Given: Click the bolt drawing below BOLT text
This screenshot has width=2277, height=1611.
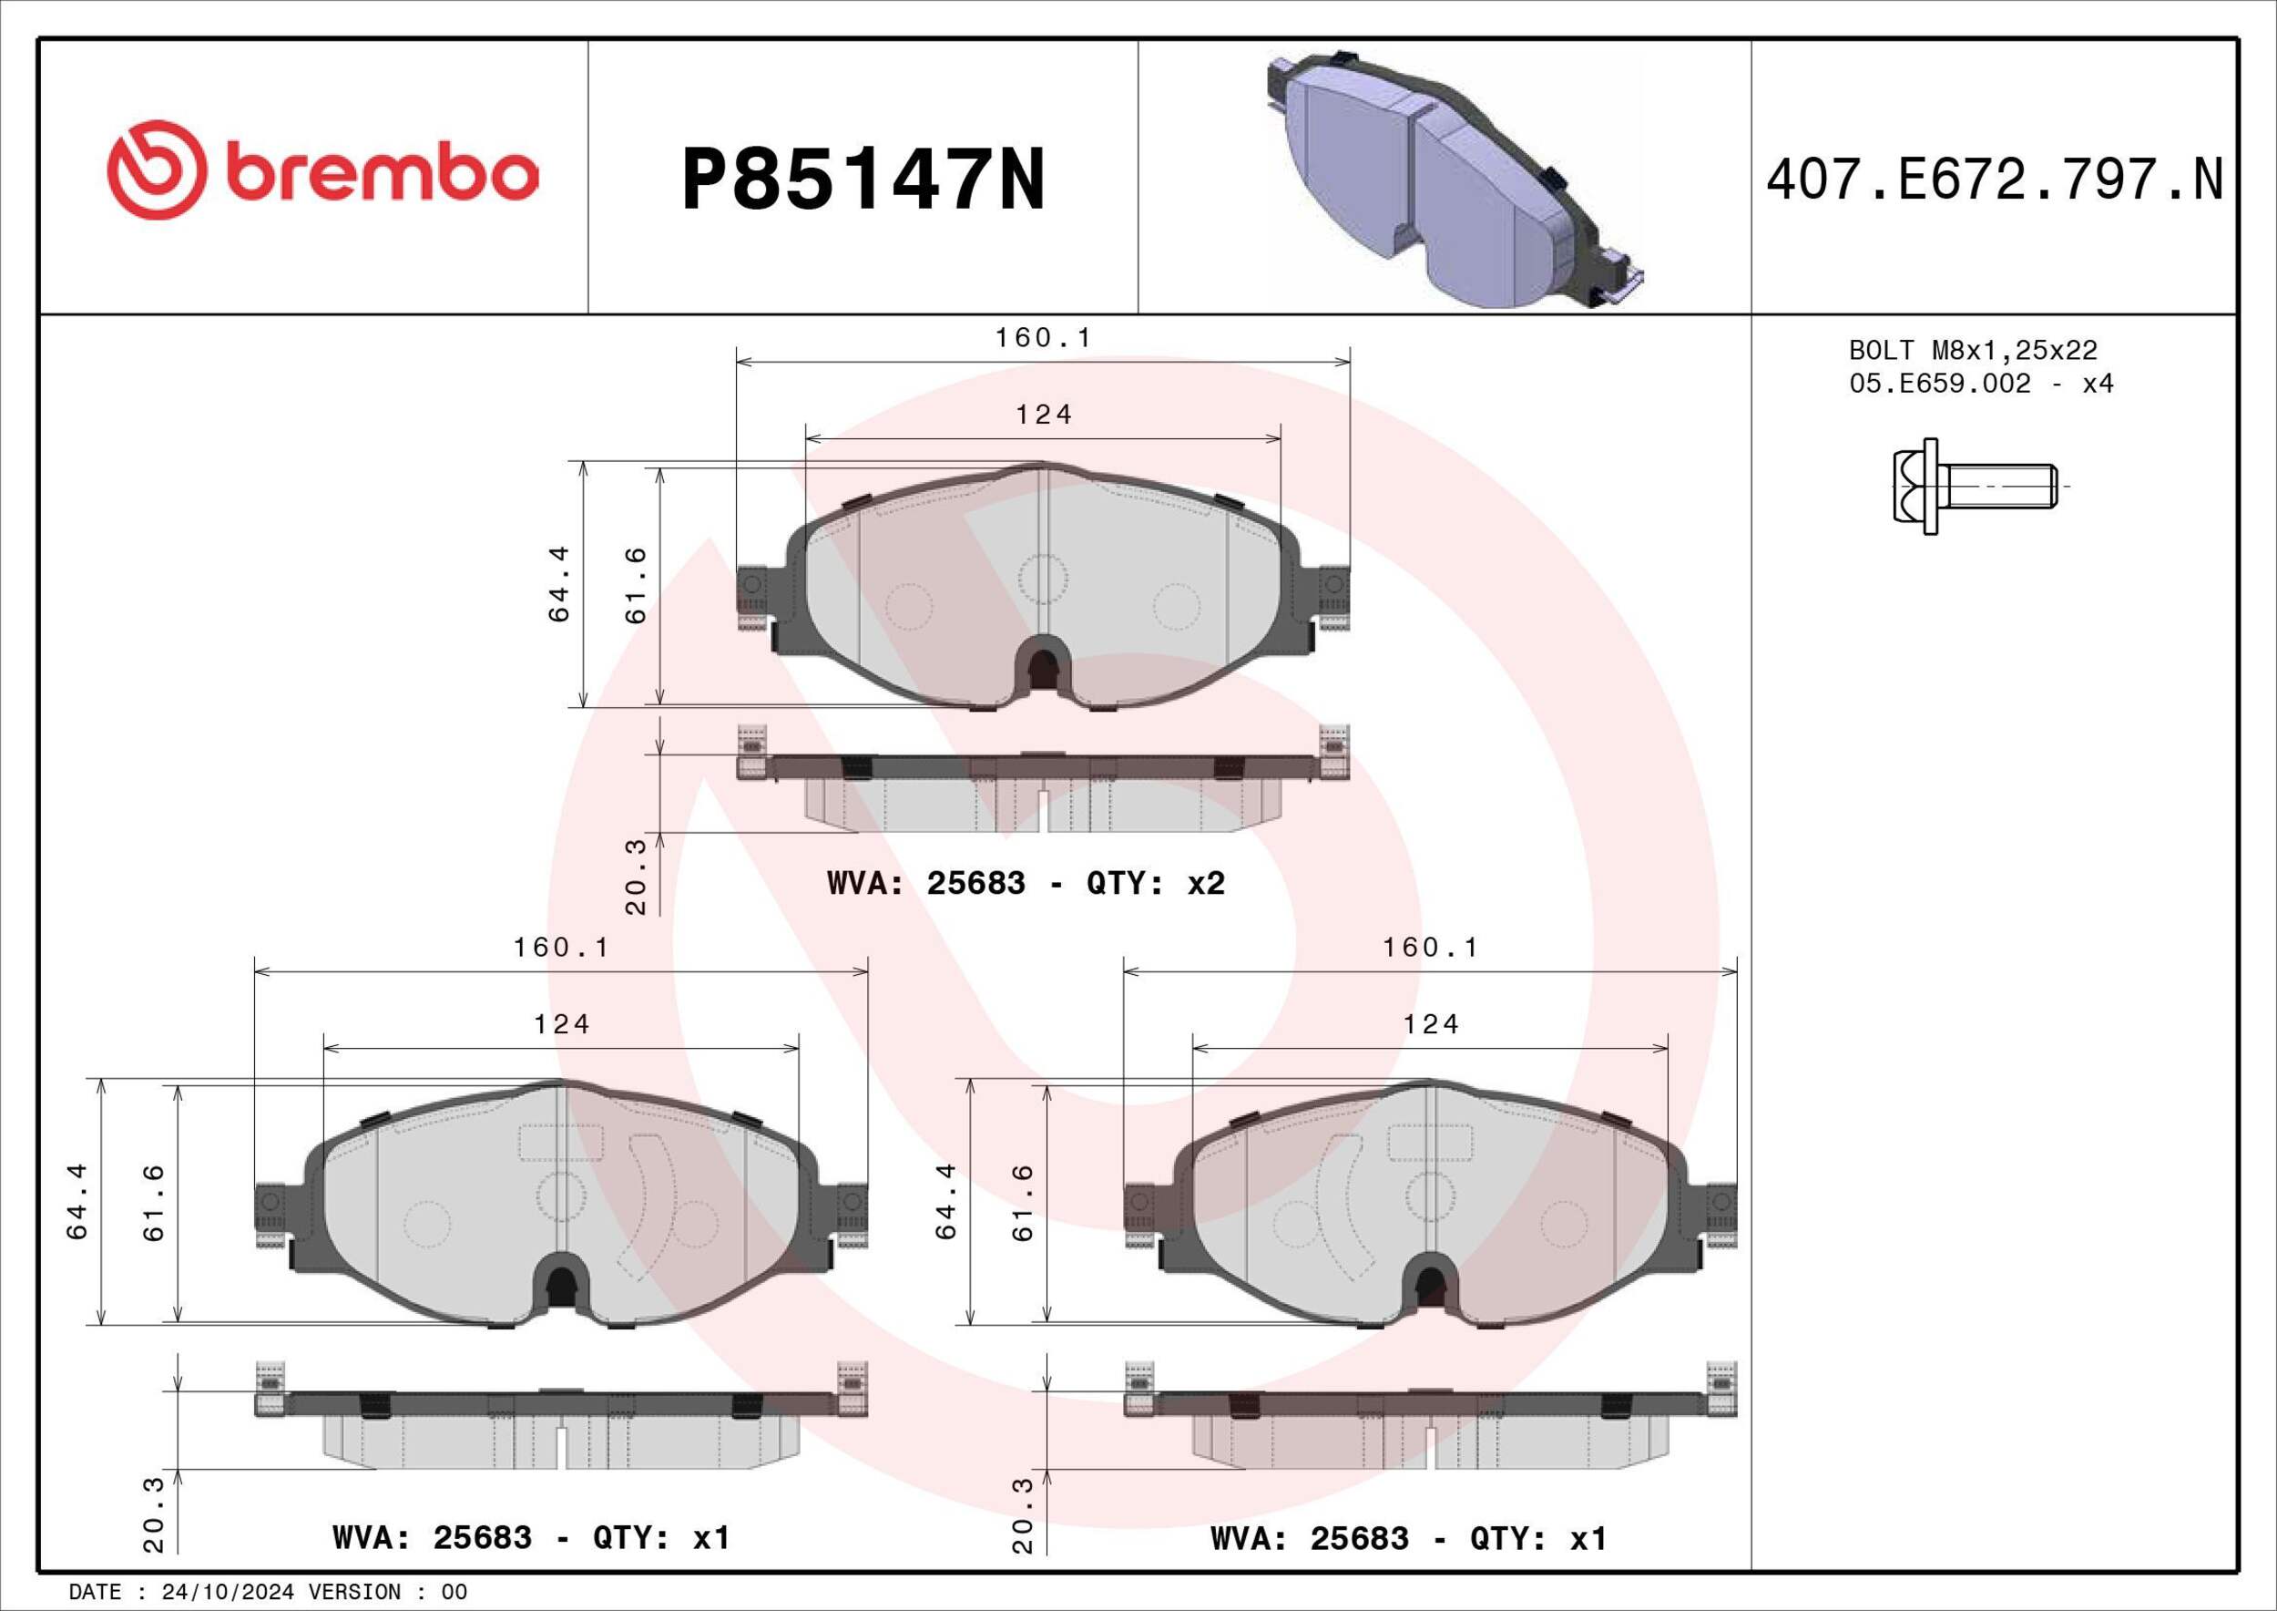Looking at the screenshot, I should (1973, 487).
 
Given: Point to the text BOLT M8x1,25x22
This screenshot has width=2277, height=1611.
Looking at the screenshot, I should (1973, 350).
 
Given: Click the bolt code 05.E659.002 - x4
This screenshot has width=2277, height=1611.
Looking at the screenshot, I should (1980, 383).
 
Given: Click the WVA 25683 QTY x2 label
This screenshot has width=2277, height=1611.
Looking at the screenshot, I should (1026, 883).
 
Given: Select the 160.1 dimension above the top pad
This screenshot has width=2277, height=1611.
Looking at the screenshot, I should (1042, 338).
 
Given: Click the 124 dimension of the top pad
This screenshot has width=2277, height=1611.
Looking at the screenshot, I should (1043, 415).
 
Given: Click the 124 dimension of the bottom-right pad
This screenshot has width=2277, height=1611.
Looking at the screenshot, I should (1430, 1024).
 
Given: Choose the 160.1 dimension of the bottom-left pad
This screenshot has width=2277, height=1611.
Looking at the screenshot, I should (560, 948).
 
